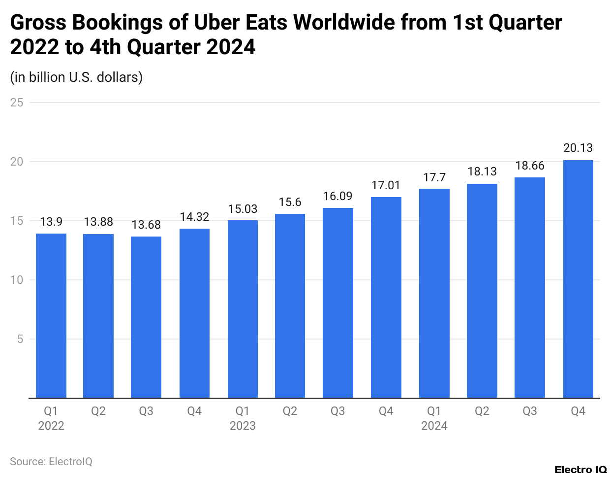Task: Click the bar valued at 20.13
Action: (578, 279)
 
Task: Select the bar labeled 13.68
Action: (146, 317)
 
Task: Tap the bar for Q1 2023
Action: (243, 309)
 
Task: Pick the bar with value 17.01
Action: (386, 297)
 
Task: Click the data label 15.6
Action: (290, 203)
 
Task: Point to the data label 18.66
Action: (530, 166)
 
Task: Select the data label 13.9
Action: (51, 222)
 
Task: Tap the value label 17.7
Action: (434, 178)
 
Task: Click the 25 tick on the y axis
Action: (17, 102)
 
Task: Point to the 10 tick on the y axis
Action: (17, 280)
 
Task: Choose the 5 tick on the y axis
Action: (20, 339)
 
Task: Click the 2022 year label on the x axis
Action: (51, 426)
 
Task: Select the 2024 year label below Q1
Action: (434, 426)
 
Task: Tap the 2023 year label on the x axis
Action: (243, 426)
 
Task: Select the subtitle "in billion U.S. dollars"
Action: (76, 77)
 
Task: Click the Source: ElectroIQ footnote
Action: (51, 462)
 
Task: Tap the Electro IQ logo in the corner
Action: (580, 470)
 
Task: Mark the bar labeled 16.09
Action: (338, 303)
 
